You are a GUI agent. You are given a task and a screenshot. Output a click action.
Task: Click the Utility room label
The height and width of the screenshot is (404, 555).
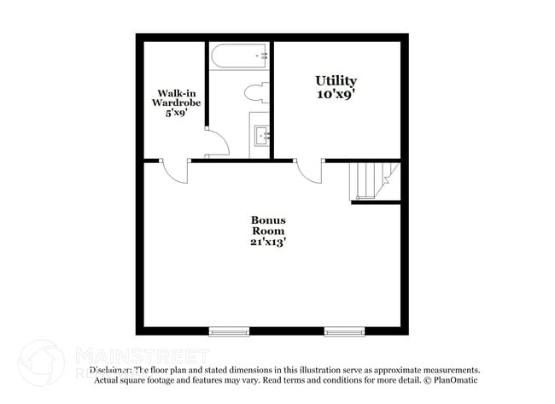(336, 81)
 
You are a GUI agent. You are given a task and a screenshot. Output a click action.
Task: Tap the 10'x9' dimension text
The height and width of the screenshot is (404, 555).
(336, 95)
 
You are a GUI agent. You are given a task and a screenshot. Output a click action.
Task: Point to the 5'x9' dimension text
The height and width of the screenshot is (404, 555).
(176, 112)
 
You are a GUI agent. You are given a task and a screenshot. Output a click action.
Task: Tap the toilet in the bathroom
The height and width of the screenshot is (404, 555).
(256, 91)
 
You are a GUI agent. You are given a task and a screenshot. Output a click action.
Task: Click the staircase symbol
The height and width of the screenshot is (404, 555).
(373, 180)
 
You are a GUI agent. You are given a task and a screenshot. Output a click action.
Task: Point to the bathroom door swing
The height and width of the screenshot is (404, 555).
(218, 143)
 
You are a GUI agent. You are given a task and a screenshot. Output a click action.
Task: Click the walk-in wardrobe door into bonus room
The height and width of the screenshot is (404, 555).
(175, 171)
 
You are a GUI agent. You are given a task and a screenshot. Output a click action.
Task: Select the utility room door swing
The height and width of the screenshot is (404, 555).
(308, 171)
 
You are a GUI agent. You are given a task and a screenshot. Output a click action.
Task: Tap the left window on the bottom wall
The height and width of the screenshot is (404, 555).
(228, 331)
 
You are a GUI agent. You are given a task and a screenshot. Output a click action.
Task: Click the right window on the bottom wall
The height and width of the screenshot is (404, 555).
(343, 331)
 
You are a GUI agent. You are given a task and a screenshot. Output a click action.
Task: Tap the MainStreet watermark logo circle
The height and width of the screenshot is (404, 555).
(41, 363)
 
